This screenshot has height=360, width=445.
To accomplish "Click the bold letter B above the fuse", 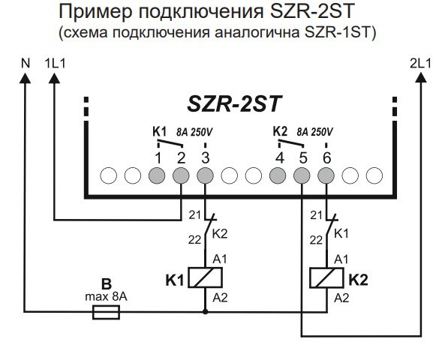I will (x=107, y=286).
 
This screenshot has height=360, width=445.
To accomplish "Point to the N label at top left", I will (x=26, y=64).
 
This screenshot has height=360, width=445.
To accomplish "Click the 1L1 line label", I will (x=56, y=64).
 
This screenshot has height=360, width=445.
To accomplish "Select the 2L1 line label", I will (x=418, y=64).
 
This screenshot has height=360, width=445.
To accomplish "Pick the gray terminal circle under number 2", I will (x=181, y=175).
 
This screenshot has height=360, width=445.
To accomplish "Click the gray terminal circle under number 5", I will (x=302, y=175).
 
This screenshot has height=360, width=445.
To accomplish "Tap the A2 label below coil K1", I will (x=221, y=298).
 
